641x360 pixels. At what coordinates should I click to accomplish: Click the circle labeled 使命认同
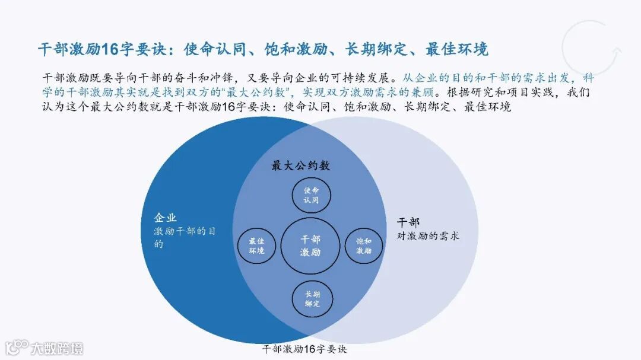pos(312,195)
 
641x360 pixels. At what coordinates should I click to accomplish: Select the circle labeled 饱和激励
pos(363,246)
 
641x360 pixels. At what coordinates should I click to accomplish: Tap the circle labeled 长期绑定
pos(313,298)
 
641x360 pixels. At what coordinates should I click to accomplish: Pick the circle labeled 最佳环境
pos(256,246)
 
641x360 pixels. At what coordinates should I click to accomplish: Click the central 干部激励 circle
pos(310,246)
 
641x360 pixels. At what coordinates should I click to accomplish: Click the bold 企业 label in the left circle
pos(166,218)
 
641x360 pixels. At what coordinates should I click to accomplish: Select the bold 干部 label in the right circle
pos(408,222)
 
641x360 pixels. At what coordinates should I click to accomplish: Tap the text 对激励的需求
pos(428,235)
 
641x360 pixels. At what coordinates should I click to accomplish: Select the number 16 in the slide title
pos(111,49)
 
